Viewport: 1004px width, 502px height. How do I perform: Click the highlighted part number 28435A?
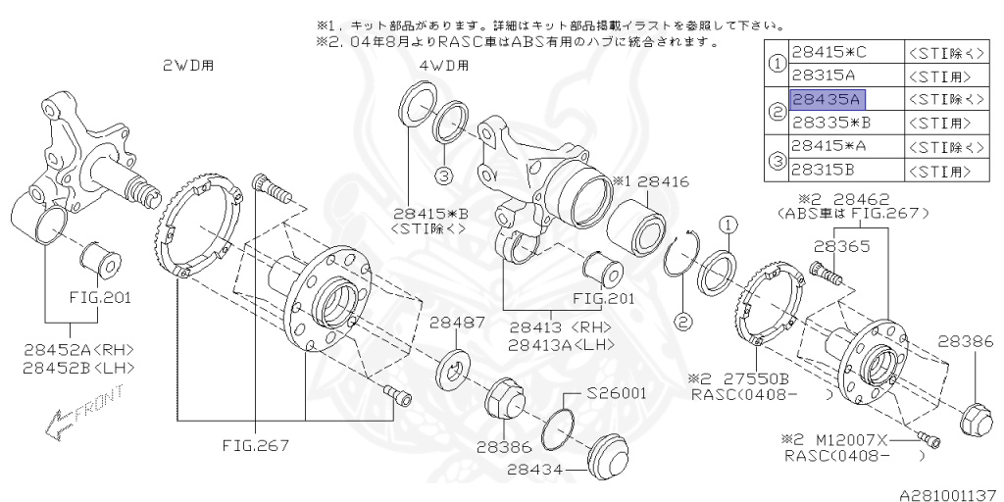coord(826,100)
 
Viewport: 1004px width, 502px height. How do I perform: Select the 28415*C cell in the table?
coord(829,53)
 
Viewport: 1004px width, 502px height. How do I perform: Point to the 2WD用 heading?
coord(188,66)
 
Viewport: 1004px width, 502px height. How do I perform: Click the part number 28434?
coord(535,470)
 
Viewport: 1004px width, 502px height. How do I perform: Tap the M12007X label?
coord(846,441)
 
